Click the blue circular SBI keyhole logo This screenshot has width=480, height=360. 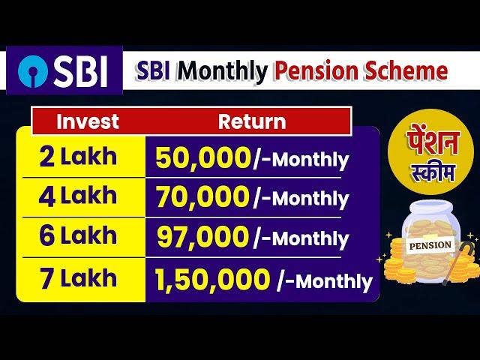33,71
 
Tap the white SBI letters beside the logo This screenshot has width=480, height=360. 80,71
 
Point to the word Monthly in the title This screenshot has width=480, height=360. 223,72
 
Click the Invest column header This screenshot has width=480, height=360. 88,121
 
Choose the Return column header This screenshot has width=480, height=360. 252,121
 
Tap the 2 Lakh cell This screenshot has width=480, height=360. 78,157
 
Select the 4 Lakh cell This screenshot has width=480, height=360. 78,196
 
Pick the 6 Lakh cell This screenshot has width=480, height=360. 78,235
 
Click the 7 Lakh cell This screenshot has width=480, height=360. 78,277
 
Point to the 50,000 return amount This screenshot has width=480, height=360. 203,158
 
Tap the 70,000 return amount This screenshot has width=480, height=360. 202,196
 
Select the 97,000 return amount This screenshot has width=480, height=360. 202,237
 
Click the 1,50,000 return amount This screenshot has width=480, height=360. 212,280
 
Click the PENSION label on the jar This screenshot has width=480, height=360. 430,245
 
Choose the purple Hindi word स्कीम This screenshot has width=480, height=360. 433,173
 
